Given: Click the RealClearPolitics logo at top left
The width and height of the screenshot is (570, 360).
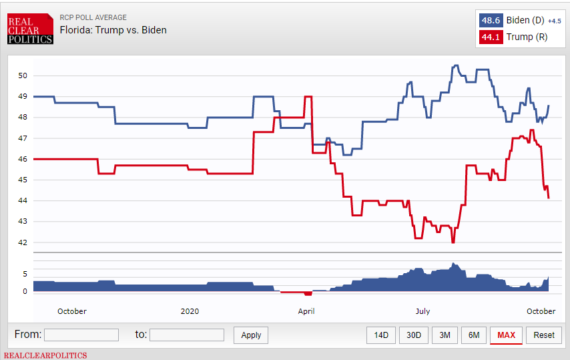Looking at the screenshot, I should point(30,30).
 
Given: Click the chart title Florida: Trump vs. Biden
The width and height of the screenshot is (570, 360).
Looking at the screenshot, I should point(113,30).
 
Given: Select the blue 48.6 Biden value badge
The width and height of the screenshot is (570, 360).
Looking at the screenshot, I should point(491,21).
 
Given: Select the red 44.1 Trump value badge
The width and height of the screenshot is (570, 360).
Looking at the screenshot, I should point(491,37).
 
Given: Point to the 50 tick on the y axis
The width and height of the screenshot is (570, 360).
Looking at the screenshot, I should point(23,75).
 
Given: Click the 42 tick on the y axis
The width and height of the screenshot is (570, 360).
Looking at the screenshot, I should point(23,242).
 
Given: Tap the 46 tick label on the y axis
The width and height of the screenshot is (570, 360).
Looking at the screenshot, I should point(23,159).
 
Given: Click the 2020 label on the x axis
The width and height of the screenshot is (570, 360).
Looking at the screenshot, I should point(190,311).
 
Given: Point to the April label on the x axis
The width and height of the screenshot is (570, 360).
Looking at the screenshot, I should point(306,311).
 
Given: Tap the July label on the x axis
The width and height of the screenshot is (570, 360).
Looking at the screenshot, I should point(422,311).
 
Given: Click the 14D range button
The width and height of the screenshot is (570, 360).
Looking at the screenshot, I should point(381,335).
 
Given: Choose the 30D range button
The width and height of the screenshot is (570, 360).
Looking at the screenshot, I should point(413,335).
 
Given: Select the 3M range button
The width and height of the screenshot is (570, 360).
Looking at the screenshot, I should point(444,335).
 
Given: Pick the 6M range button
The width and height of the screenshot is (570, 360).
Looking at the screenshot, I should point(474,335).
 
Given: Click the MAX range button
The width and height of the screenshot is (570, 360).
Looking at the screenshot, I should point(506,335).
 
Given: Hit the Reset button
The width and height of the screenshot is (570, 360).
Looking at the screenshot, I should point(543,335).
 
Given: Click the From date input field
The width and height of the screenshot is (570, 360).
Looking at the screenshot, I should point(81,335).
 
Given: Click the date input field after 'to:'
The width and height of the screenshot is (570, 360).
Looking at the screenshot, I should point(187,335).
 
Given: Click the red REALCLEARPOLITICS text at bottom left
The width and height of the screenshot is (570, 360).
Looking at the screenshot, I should point(45,355).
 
